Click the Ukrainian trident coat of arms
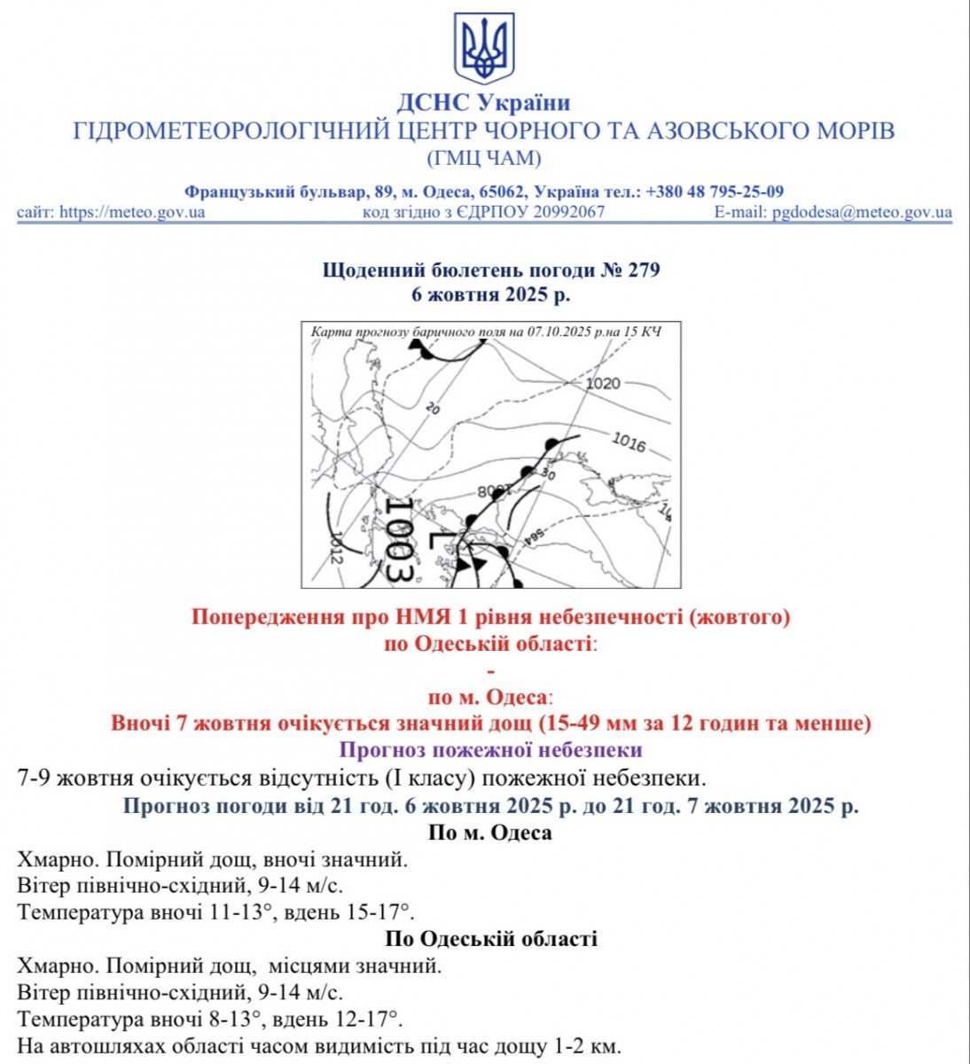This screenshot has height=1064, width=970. point(484,49)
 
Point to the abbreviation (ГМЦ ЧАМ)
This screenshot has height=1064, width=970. point(484,160)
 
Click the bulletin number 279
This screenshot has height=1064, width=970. point(645,270)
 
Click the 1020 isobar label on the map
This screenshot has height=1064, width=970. point(603,384)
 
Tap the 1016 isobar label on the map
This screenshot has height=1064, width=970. point(629,442)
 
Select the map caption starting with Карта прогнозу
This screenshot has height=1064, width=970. point(486,332)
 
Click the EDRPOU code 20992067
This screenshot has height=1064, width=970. point(568,213)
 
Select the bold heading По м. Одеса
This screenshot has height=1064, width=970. point(490,833)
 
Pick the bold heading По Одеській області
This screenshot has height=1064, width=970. point(490,939)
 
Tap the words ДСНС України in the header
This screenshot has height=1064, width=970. point(483,103)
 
